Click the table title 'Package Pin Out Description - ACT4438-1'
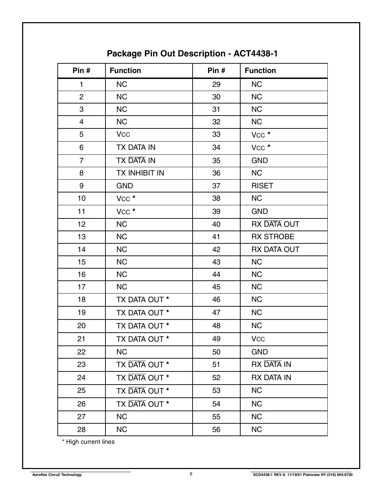[192, 54]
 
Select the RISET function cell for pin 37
[262, 186]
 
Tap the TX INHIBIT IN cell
[140, 173]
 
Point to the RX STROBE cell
[273, 237]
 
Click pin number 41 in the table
[216, 237]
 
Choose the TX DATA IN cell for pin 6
[136, 147]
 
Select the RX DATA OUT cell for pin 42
[275, 250]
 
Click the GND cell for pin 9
[124, 186]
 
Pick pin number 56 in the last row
[216, 430]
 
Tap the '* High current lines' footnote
[88, 442]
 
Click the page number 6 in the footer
[191, 474]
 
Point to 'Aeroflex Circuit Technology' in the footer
[57, 475]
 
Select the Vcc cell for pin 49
[258, 339]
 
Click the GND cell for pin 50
[259, 352]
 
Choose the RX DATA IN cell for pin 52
[271, 378]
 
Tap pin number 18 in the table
[81, 299]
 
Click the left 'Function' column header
[125, 71]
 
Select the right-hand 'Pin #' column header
[216, 71]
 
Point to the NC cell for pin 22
[122, 352]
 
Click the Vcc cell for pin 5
[123, 134]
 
